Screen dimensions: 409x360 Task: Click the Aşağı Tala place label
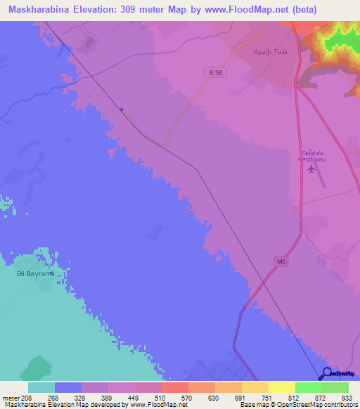(271, 52)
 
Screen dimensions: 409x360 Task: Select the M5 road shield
(281, 261)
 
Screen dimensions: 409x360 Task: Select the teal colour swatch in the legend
(41, 387)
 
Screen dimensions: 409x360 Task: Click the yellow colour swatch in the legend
(281, 387)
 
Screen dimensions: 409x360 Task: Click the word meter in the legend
(12, 398)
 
